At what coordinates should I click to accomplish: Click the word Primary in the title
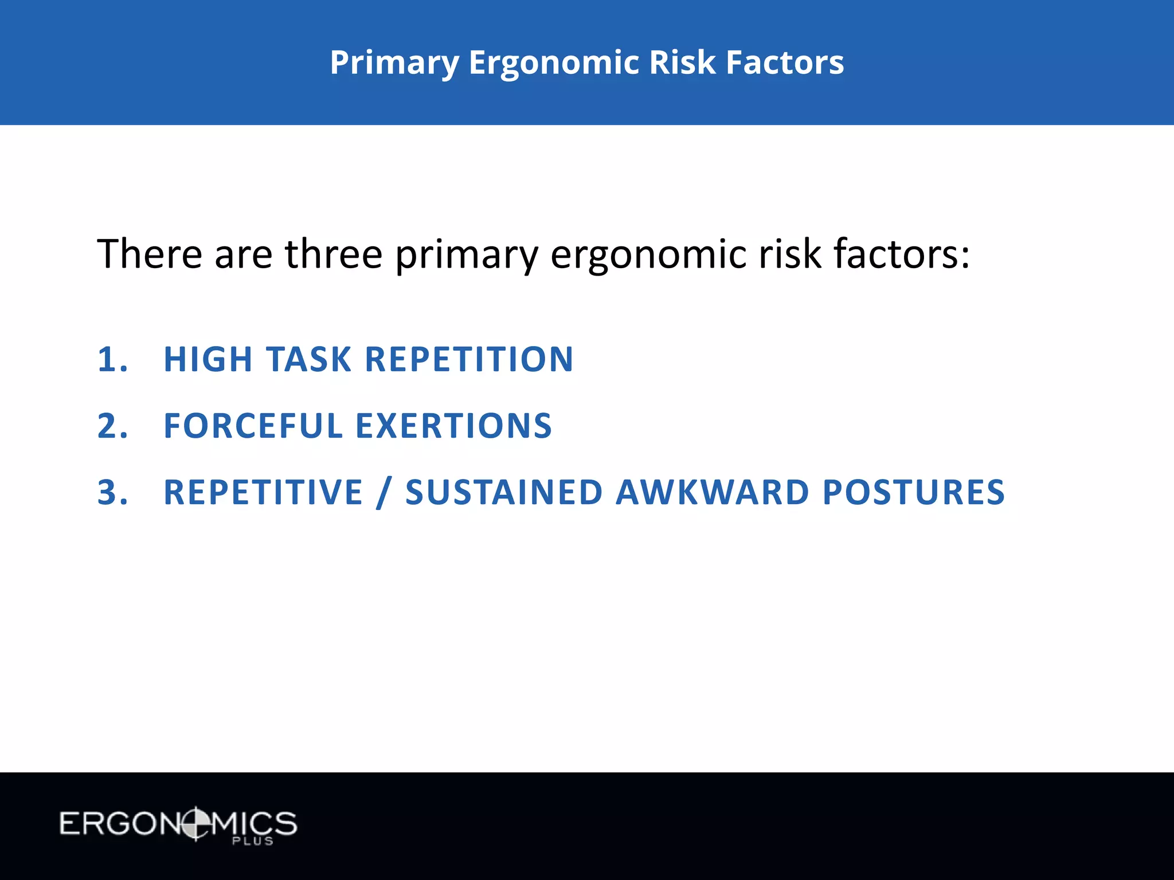click(x=394, y=63)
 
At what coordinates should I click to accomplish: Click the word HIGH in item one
click(x=208, y=360)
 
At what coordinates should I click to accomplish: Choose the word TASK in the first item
click(x=308, y=360)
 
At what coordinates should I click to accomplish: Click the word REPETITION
click(x=469, y=360)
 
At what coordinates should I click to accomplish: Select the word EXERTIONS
click(x=453, y=426)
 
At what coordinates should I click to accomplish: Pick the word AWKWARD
click(x=712, y=493)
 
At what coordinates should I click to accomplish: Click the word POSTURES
click(x=914, y=493)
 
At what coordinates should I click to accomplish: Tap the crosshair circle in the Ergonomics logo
click(x=195, y=824)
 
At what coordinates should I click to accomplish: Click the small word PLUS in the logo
click(x=252, y=841)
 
